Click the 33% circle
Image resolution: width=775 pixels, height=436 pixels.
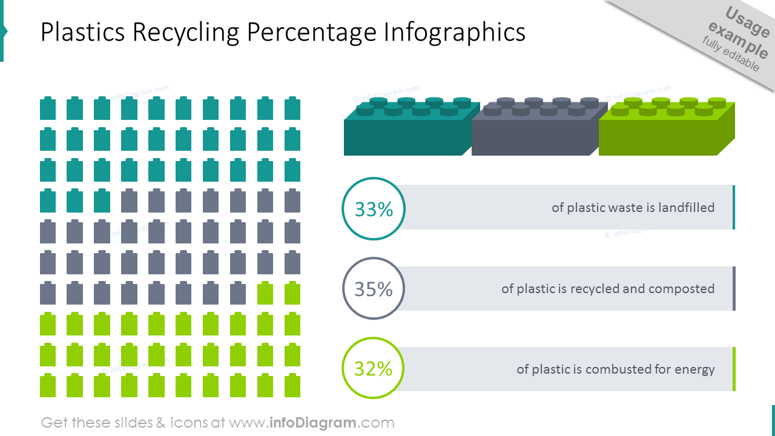(374, 209)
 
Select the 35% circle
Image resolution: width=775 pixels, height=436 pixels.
(374, 289)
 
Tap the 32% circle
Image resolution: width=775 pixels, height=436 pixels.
(374, 368)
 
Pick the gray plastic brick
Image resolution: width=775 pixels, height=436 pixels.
(533, 130)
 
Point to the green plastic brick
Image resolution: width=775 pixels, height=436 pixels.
(663, 130)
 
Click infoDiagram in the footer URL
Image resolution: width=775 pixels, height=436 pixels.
(313, 423)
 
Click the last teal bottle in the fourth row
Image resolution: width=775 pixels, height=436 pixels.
(102, 200)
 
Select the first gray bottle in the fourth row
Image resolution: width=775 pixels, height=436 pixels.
(130, 200)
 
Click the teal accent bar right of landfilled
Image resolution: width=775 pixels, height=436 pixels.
(734, 207)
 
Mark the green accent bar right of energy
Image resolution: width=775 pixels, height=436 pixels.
(734, 369)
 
